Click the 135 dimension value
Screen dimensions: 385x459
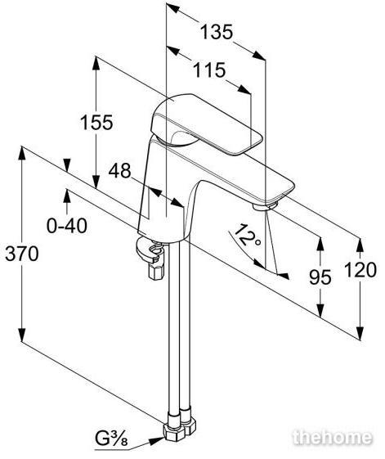[x=217, y=32]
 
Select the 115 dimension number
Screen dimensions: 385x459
[x=209, y=70]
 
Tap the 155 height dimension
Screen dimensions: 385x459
[x=96, y=123]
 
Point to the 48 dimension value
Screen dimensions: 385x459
[x=119, y=171]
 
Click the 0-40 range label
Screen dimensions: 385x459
[x=67, y=226]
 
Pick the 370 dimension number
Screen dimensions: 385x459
[x=22, y=254]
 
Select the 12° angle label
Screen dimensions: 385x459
[x=246, y=235]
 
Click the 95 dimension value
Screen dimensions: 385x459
[x=320, y=277]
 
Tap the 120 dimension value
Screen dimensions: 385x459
[x=360, y=270]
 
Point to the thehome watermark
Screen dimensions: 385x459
[x=333, y=438]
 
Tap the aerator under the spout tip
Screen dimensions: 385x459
[x=265, y=206]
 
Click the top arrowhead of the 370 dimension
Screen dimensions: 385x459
[x=22, y=153]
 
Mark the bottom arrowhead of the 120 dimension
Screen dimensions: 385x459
[x=360, y=334]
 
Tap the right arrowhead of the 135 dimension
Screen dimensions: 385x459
[x=259, y=56]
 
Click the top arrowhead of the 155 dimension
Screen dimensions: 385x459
[x=96, y=63]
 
